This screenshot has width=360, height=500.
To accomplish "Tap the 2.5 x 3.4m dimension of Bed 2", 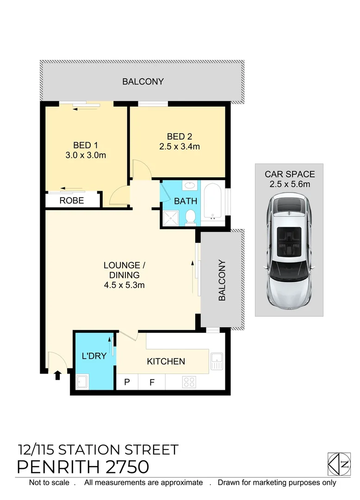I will coord(180,147).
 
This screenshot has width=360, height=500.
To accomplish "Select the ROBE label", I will coord(72,200).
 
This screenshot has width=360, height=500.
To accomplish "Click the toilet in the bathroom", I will coord(190,217).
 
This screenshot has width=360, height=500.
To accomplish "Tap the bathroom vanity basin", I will coord(190,187).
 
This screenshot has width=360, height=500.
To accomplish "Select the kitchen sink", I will coord(217,361).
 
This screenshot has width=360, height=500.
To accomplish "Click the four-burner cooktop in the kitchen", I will coord(189,382).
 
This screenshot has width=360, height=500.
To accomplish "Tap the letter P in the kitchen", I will coord(127,382).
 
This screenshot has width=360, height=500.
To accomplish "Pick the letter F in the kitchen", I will coord(152,382).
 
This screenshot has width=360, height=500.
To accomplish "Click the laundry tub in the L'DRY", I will coord(82,382).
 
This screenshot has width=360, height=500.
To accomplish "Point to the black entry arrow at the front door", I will coord(57,375).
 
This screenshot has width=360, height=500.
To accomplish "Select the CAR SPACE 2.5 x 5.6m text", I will coord(290,179).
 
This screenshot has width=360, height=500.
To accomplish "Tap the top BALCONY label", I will coord(143,82).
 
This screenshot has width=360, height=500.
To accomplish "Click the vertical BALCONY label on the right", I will coord(222,281).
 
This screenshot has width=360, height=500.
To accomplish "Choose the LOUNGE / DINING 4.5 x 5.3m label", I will coord(124,275).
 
